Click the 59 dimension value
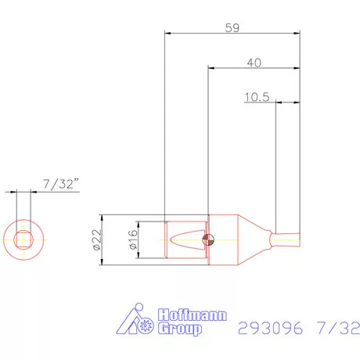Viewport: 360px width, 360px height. click(x=232, y=27)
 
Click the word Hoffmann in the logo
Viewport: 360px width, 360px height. click(x=193, y=315)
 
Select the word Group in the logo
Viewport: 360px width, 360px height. click(x=181, y=329)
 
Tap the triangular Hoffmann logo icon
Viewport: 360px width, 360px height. click(x=140, y=322)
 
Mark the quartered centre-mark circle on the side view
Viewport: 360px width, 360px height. click(x=207, y=239)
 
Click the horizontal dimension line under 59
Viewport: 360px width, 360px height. click(x=232, y=34)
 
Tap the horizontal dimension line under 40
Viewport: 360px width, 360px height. click(x=254, y=68)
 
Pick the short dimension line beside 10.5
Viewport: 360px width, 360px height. click(x=288, y=103)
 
